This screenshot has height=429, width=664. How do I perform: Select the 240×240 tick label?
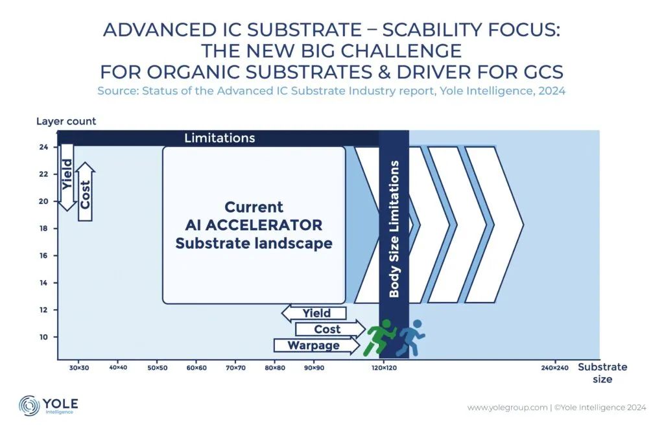[554, 367]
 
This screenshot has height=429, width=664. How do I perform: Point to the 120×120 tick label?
[384, 367]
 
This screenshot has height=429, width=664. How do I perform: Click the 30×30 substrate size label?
[79, 367]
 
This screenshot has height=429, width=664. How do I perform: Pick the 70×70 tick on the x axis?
[235, 367]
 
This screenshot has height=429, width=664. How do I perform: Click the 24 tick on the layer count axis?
[43, 147]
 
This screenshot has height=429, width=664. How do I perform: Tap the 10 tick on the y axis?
[43, 337]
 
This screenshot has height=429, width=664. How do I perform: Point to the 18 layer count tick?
[43, 229]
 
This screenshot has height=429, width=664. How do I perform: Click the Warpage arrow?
[316, 345]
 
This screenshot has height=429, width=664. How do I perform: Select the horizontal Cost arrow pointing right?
[330, 329]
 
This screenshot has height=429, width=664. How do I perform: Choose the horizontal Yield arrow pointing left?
[314, 313]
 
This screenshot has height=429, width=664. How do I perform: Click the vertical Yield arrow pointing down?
[67, 177]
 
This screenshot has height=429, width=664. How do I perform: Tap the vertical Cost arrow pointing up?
[85, 191]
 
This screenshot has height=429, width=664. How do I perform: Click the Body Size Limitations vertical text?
[394, 229]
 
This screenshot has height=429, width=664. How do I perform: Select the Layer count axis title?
[66, 121]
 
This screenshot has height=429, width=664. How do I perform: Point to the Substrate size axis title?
[602, 373]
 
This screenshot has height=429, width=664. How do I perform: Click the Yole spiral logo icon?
[29, 405]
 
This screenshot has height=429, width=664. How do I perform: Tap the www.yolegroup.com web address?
[507, 408]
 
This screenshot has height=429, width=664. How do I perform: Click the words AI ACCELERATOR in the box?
[254, 225]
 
